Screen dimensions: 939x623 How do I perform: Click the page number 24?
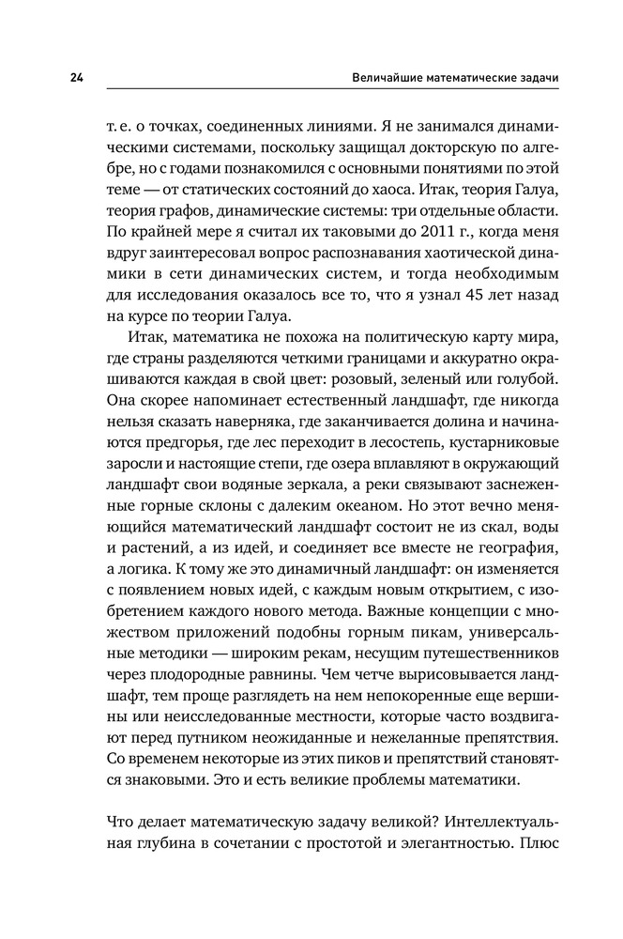[x=76, y=78]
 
